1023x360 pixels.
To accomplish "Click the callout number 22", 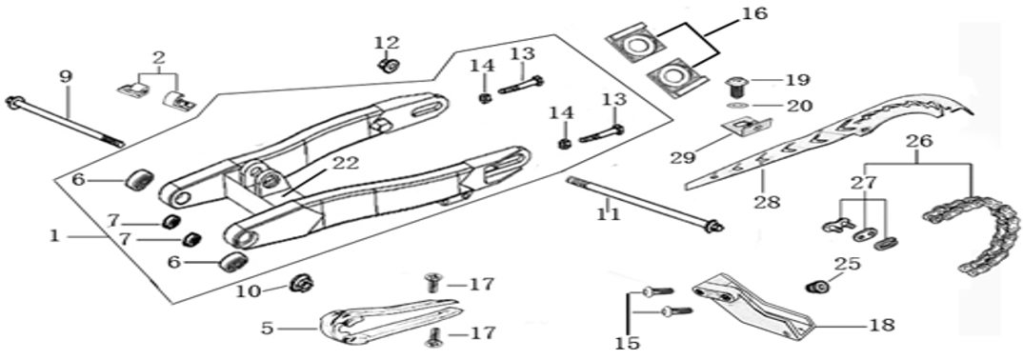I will click(318, 163).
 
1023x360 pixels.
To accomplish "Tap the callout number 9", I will click(66, 75).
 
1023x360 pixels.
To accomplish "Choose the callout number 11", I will click(608, 212).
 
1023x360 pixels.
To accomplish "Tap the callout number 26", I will click(918, 143).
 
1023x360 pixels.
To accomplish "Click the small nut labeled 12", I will click(387, 67).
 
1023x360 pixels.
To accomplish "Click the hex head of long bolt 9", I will click(14, 102).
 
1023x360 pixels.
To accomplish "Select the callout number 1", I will click(54, 234).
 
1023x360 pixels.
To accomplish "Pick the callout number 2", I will click(157, 56).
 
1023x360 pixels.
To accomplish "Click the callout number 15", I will click(627, 341).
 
